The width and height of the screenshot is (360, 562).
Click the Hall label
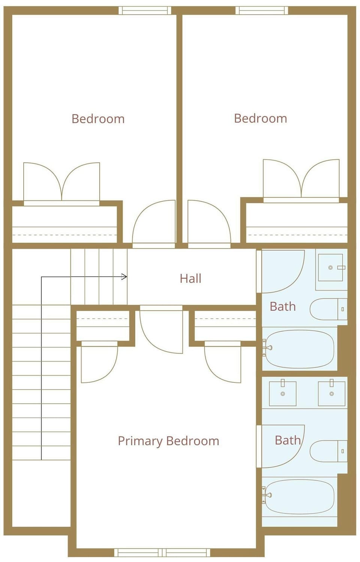point(190,279)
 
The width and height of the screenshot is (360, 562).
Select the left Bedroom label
point(98,119)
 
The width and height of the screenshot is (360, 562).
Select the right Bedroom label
point(260,118)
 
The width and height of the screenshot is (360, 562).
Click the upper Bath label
point(282,307)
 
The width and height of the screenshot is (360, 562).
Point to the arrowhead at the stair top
point(124,277)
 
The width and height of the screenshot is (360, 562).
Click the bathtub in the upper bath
point(300,349)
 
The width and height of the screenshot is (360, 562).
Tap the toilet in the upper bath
point(328,309)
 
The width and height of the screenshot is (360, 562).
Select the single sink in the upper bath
point(331,267)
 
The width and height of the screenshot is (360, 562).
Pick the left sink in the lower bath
point(283,393)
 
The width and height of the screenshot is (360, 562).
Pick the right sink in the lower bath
point(331,393)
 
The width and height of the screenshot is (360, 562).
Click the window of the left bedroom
point(145,10)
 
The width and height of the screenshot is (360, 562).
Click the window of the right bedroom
point(262,10)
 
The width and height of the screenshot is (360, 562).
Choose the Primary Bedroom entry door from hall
point(161,330)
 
